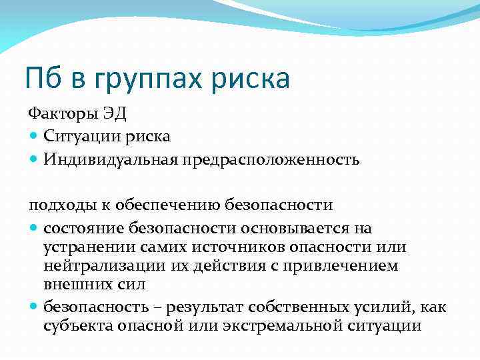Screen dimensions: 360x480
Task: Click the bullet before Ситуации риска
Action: pos(35,137)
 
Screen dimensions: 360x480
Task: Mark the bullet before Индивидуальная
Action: pos(35,160)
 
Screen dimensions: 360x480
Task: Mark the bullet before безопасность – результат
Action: pos(35,307)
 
